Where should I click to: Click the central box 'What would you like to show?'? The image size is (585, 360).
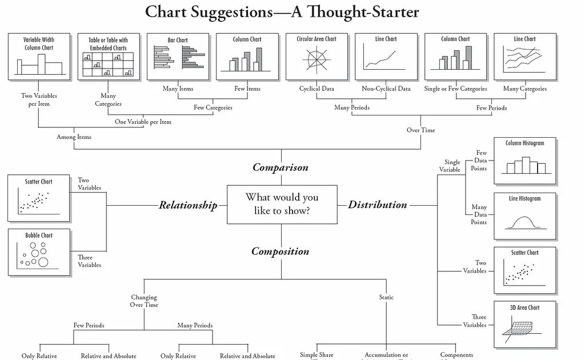(x=281, y=204)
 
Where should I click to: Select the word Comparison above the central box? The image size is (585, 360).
(x=281, y=167)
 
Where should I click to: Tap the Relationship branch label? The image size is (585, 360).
(x=188, y=205)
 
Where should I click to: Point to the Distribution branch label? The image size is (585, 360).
(x=378, y=205)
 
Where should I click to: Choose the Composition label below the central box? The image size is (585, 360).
(x=280, y=251)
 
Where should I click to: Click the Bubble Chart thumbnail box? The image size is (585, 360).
(x=39, y=253)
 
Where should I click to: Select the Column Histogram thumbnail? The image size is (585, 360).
(x=524, y=161)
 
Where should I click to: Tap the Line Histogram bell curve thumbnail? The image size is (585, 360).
(x=524, y=217)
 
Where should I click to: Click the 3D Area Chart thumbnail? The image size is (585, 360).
(x=524, y=324)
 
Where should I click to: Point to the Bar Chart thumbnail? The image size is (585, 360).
(x=178, y=56)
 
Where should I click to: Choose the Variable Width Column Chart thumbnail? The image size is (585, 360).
(x=39, y=56)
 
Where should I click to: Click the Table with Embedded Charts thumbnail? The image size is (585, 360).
(x=108, y=56)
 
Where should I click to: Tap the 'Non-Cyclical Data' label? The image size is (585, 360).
(x=386, y=89)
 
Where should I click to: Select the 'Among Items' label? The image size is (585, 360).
(x=74, y=137)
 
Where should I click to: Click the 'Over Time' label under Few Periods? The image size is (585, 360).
(x=420, y=130)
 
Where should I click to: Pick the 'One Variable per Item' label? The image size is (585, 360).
(x=143, y=122)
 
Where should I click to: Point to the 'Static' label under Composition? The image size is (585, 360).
(x=386, y=297)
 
